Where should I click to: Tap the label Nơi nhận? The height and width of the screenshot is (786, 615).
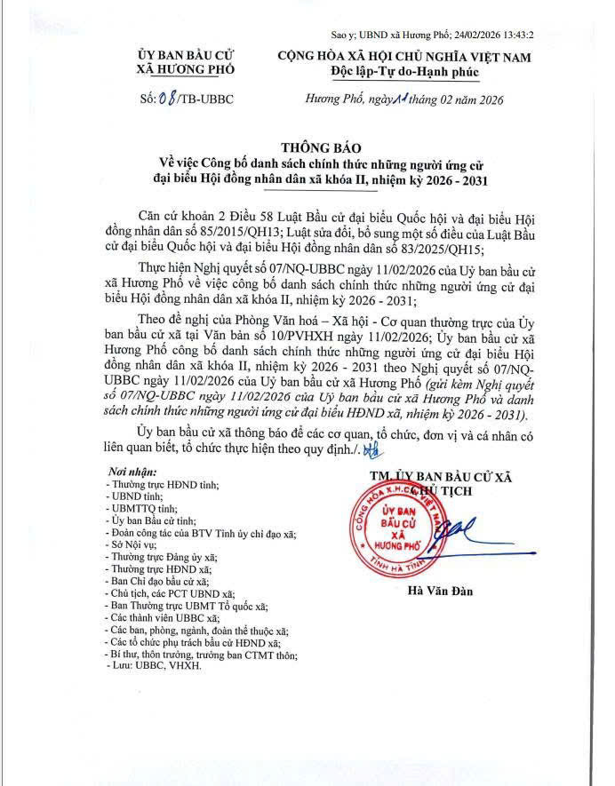pyautogui.click(x=132, y=472)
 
